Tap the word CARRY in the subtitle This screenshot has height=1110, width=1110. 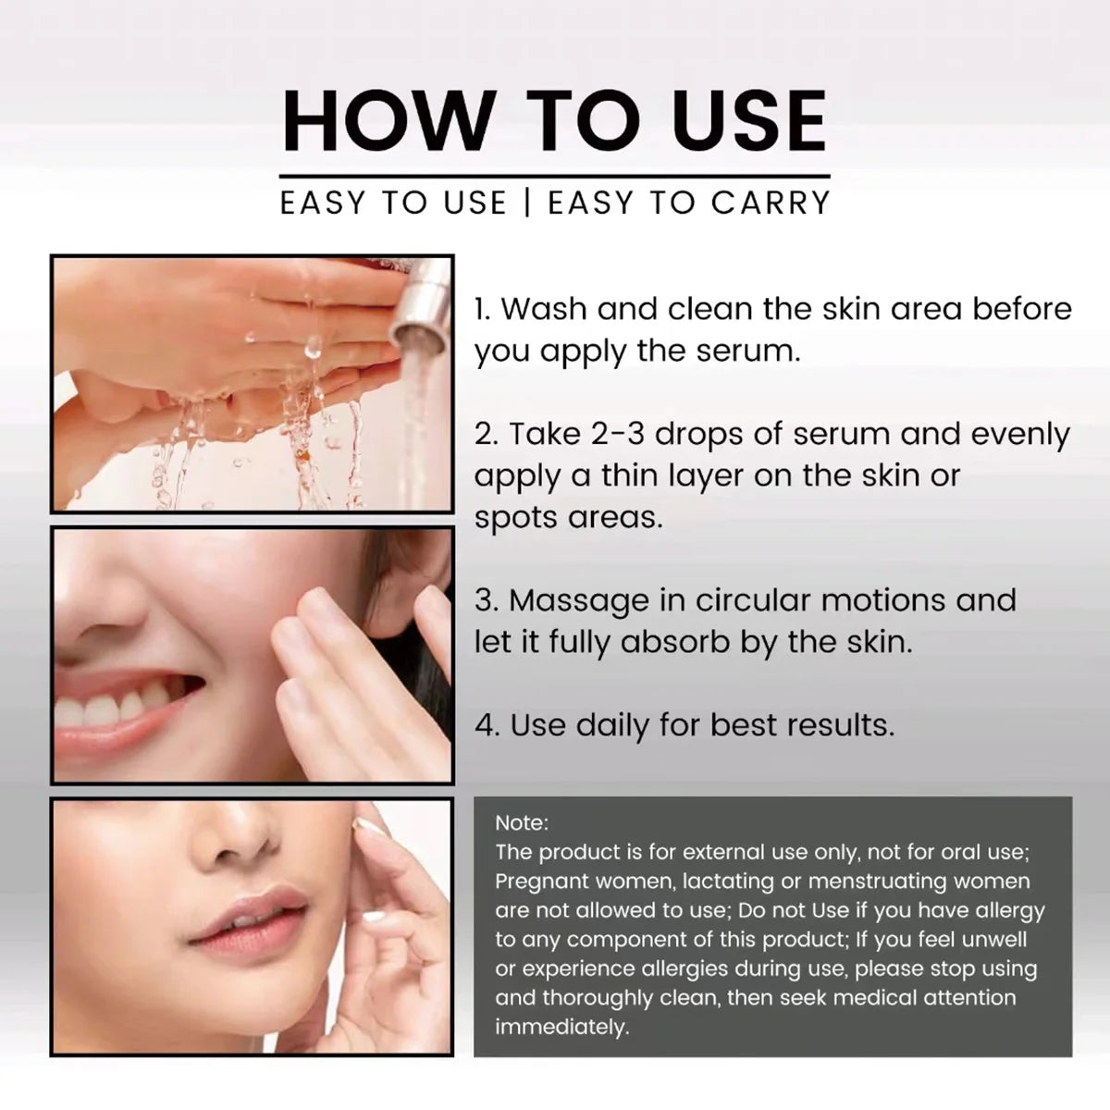(x=771, y=203)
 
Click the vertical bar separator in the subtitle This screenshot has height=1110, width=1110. (x=526, y=203)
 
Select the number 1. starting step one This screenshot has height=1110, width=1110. (x=483, y=309)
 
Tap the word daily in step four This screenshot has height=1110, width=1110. (x=612, y=726)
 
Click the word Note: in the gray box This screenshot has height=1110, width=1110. (x=522, y=822)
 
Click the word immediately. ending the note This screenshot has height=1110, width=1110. (x=561, y=1027)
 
